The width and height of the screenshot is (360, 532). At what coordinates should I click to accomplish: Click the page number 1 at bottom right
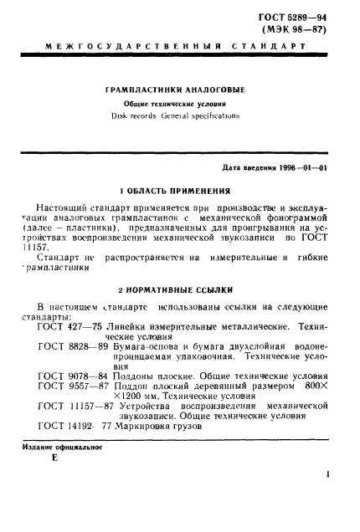(x=329, y=499)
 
